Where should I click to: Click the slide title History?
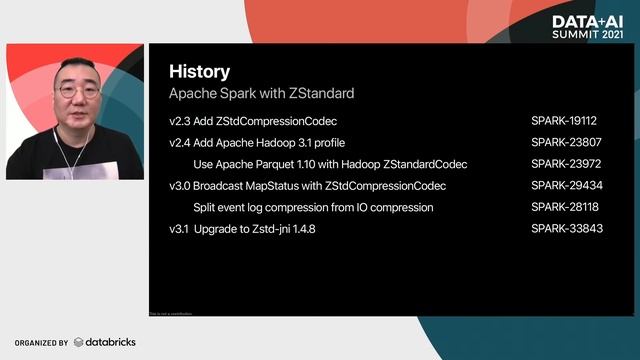(x=200, y=71)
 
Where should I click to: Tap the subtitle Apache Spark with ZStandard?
(x=262, y=93)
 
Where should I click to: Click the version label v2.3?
(x=180, y=121)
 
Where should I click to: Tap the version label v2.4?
(x=180, y=142)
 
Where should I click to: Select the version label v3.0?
(x=180, y=186)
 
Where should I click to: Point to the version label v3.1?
(x=180, y=229)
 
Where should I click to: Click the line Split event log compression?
(x=313, y=207)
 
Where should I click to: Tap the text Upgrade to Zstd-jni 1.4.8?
(x=255, y=229)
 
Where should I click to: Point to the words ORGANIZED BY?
(x=41, y=343)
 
